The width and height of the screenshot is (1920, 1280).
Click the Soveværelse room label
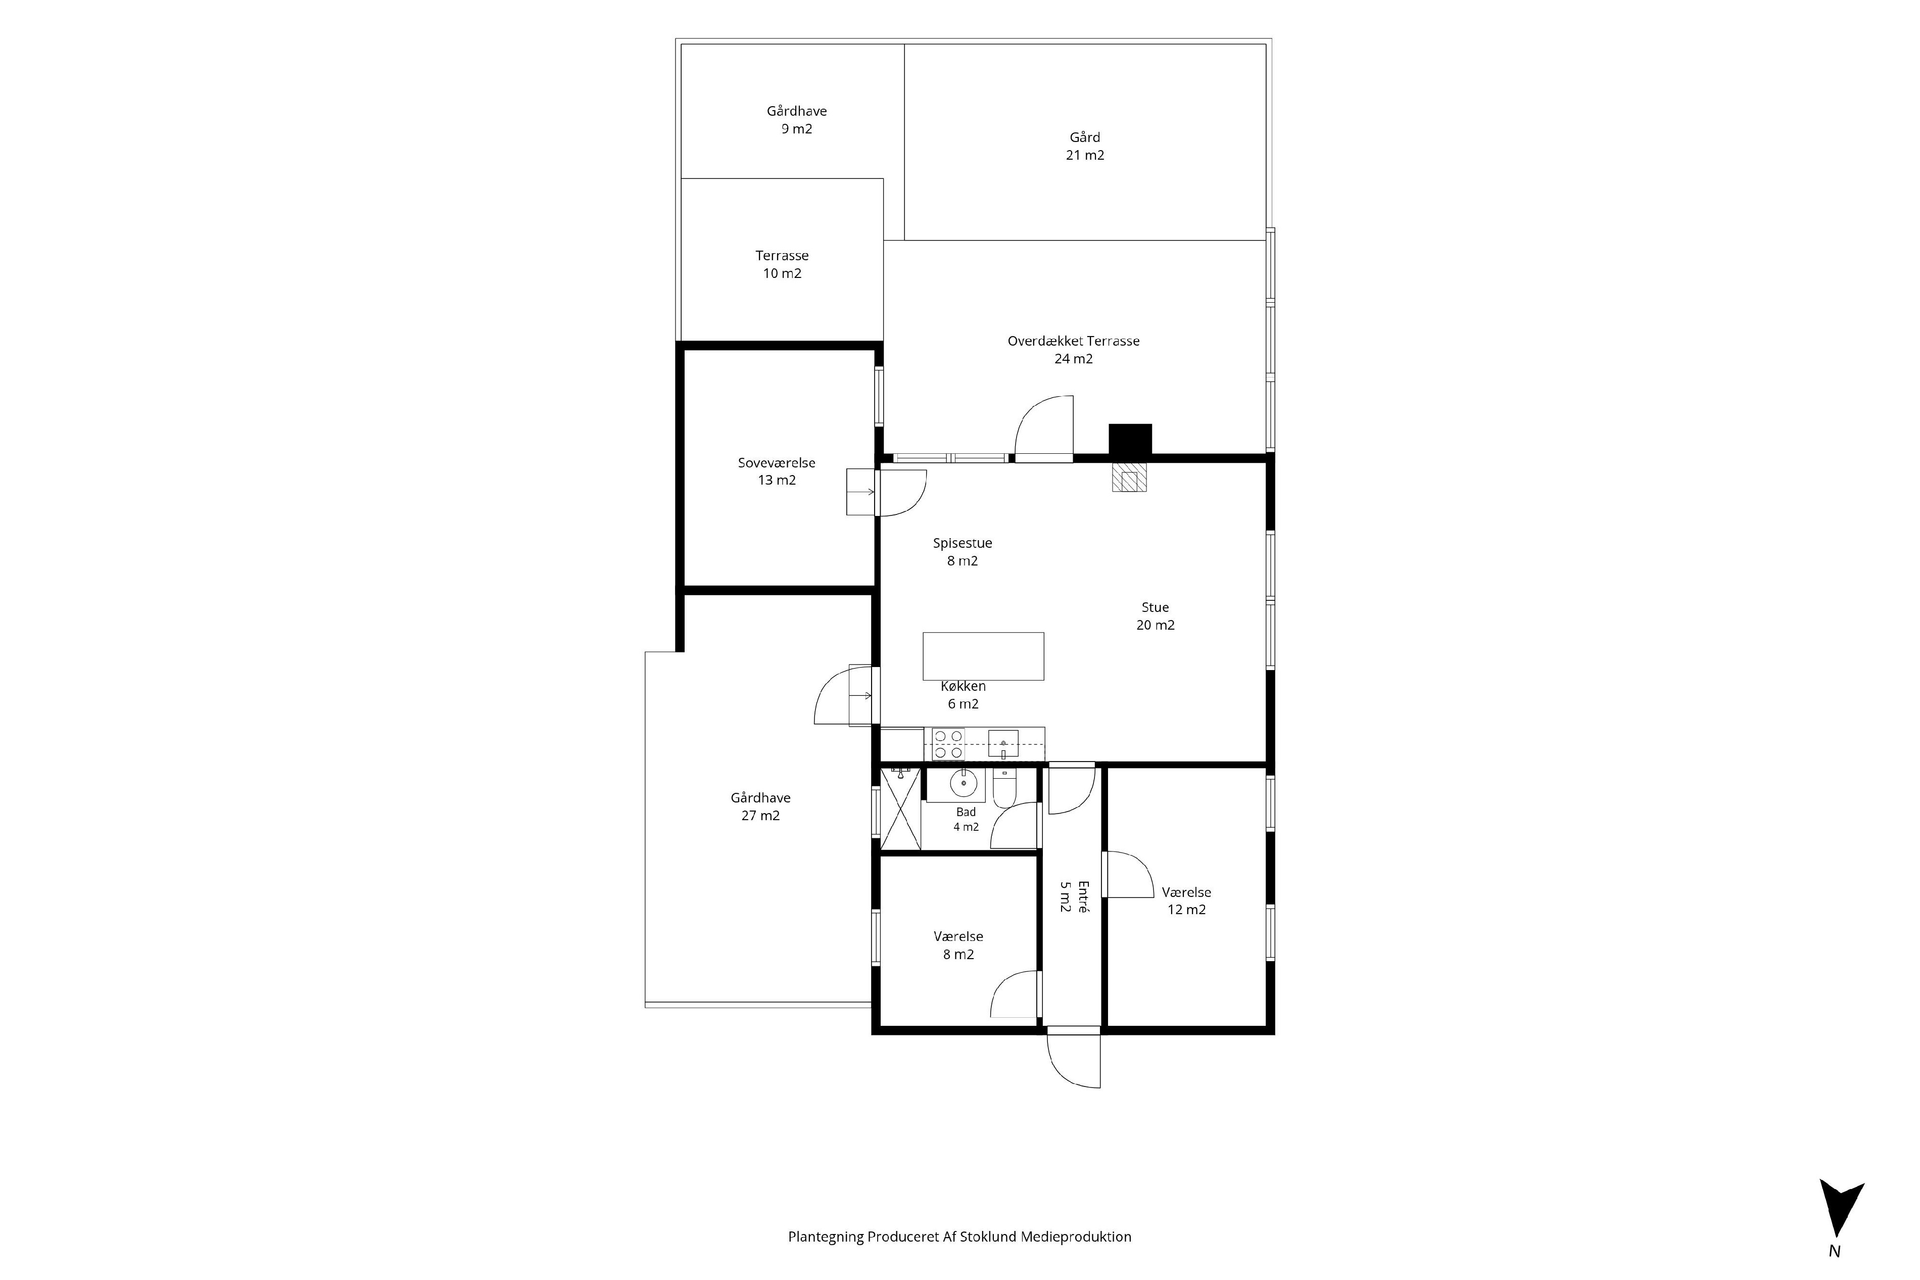click(x=776, y=471)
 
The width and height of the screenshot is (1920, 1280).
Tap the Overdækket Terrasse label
click(x=1073, y=349)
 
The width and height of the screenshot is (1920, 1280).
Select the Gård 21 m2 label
click(x=1084, y=146)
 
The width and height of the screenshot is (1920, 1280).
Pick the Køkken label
click(x=963, y=695)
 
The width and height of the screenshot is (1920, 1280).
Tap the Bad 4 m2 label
click(x=966, y=819)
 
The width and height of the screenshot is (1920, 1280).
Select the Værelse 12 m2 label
click(x=1186, y=901)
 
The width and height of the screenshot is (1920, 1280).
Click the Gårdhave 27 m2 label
click(x=760, y=807)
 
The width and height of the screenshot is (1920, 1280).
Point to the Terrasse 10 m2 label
click(x=782, y=264)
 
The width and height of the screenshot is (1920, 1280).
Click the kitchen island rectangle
click(x=983, y=656)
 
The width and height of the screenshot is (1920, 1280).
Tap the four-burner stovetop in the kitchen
click(x=948, y=744)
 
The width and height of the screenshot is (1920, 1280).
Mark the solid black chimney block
click(x=1130, y=440)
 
